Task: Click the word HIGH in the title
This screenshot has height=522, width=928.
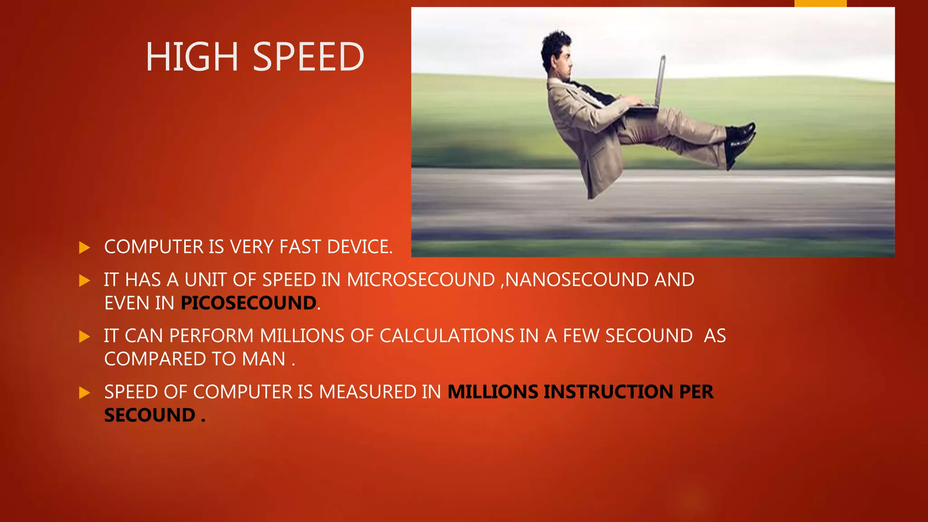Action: coord(192,57)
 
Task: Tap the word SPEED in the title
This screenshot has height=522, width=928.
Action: coord(308,57)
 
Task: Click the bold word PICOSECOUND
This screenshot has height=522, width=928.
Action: coord(248,303)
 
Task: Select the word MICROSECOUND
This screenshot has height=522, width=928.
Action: coord(421,280)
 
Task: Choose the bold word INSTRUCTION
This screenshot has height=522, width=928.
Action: coord(608,392)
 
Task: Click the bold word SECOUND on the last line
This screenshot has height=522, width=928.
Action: coord(150,415)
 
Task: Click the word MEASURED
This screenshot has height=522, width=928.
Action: coord(368,392)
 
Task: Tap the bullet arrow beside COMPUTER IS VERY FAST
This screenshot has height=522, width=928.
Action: coord(84,248)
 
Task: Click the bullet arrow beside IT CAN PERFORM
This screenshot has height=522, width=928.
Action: coord(84,337)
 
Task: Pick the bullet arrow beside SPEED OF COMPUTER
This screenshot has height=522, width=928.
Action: coord(84,393)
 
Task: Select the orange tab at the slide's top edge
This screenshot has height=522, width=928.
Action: coord(820,3)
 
